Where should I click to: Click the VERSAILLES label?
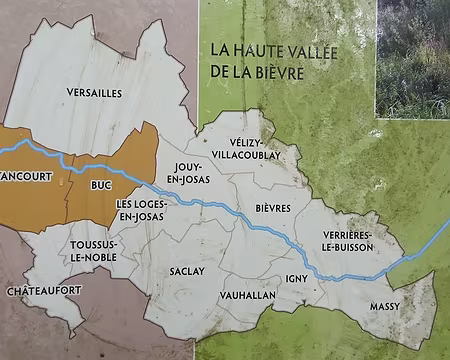coord(94,93)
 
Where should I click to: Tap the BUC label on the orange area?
coord(99,185)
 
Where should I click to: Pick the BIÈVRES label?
coord(273,208)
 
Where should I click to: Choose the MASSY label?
coord(385,305)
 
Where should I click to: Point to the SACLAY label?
coord(187,270)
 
